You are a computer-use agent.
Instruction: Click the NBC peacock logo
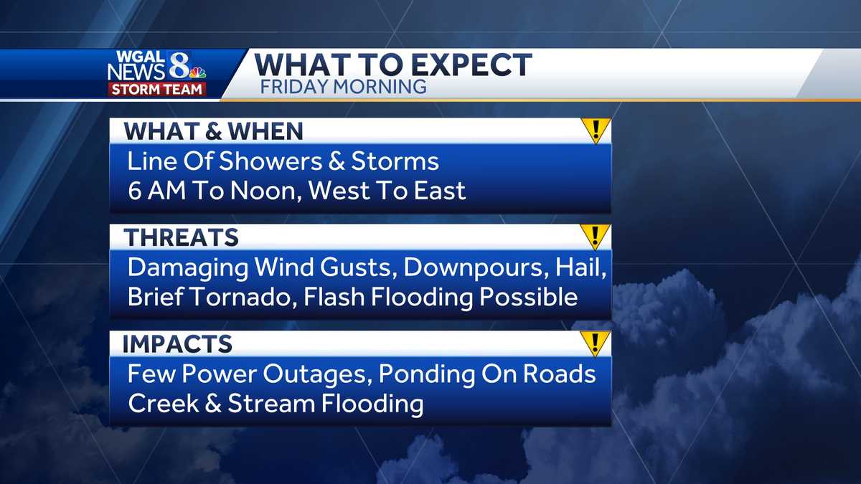click(x=198, y=72)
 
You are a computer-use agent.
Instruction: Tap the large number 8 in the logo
click(x=179, y=65)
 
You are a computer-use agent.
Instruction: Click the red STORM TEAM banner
click(x=157, y=89)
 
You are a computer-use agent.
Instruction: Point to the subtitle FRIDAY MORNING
click(x=343, y=87)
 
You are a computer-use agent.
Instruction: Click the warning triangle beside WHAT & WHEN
click(x=596, y=131)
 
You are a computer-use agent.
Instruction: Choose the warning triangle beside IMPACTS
click(x=596, y=343)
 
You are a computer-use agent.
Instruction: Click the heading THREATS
click(x=181, y=237)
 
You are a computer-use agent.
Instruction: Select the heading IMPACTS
click(x=177, y=343)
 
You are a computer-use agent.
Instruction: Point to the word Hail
click(x=580, y=267)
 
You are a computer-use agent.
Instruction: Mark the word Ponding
click(x=427, y=374)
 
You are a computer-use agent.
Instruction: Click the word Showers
click(x=270, y=161)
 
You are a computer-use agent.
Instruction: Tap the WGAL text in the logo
click(x=140, y=57)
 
